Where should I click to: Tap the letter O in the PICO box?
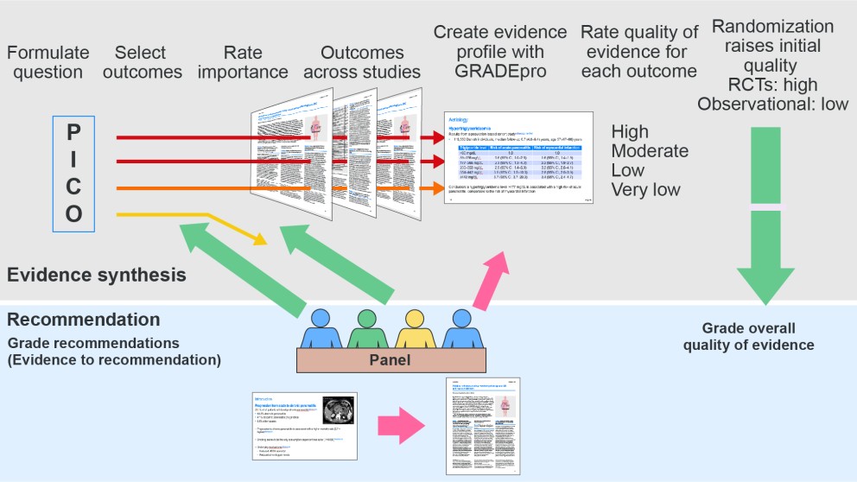[73, 213]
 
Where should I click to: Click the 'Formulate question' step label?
[48, 62]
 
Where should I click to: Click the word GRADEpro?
[498, 72]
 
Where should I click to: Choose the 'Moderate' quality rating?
[650, 151]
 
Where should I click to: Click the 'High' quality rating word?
[630, 132]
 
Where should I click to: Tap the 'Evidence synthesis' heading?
[96, 275]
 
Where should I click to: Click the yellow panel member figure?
[412, 329]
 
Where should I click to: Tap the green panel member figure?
[367, 329]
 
